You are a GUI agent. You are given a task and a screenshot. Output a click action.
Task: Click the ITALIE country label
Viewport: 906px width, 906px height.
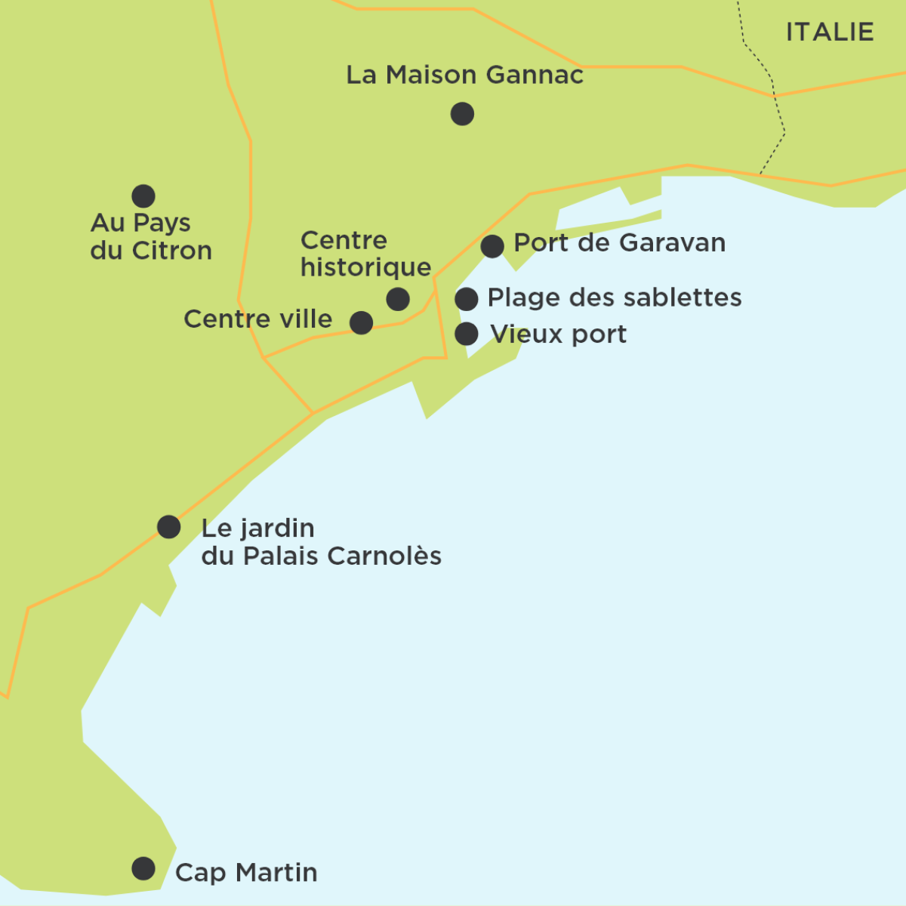tap(830, 32)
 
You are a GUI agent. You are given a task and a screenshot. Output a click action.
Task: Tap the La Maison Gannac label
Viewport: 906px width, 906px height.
tap(464, 75)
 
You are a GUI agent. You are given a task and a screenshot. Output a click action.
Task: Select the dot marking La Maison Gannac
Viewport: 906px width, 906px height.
tap(462, 114)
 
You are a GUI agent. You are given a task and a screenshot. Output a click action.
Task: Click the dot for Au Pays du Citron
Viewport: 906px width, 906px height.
tap(143, 196)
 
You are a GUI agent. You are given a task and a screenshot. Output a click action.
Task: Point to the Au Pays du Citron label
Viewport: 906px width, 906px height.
tap(150, 236)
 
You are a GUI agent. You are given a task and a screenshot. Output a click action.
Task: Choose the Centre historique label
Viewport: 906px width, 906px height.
tap(365, 254)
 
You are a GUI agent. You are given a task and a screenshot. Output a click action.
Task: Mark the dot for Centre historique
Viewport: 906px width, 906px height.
tap(398, 299)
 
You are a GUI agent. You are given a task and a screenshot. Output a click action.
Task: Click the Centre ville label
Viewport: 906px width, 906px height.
tap(257, 319)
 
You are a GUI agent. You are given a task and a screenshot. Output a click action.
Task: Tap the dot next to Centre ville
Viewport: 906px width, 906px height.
tap(362, 322)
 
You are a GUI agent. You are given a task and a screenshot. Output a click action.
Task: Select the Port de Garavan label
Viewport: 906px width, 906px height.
tap(619, 243)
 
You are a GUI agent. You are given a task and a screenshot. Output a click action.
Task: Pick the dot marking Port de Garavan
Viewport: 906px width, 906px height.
tap(492, 246)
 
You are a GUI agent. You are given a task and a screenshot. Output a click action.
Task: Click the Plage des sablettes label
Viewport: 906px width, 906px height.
tap(614, 297)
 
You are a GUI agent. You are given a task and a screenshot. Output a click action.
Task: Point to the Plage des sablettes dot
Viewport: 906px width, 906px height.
tap(467, 299)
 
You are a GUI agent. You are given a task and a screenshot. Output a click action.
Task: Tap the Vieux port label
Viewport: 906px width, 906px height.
tap(558, 334)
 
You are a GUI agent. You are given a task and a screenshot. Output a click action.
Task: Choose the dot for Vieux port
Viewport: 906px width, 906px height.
tap(467, 333)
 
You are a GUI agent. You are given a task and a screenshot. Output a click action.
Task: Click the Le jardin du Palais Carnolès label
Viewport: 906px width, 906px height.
tap(320, 542)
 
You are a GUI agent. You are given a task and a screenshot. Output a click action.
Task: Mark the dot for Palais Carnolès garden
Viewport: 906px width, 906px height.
tap(169, 526)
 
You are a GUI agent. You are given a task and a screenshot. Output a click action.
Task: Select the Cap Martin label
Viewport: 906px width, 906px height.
tap(246, 873)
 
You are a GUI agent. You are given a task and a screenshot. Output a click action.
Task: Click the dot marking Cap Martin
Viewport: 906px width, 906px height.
tap(143, 868)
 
